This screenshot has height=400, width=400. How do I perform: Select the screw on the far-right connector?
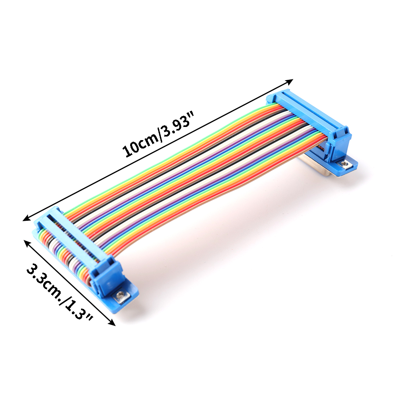(345, 164)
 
